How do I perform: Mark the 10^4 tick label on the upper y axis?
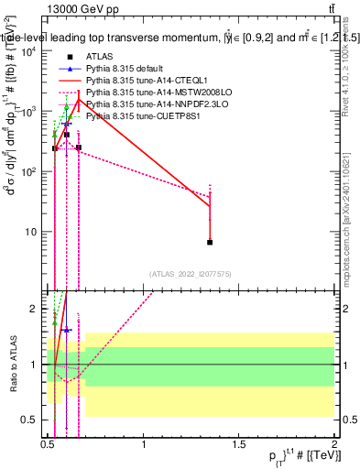click(x=29, y=51)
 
